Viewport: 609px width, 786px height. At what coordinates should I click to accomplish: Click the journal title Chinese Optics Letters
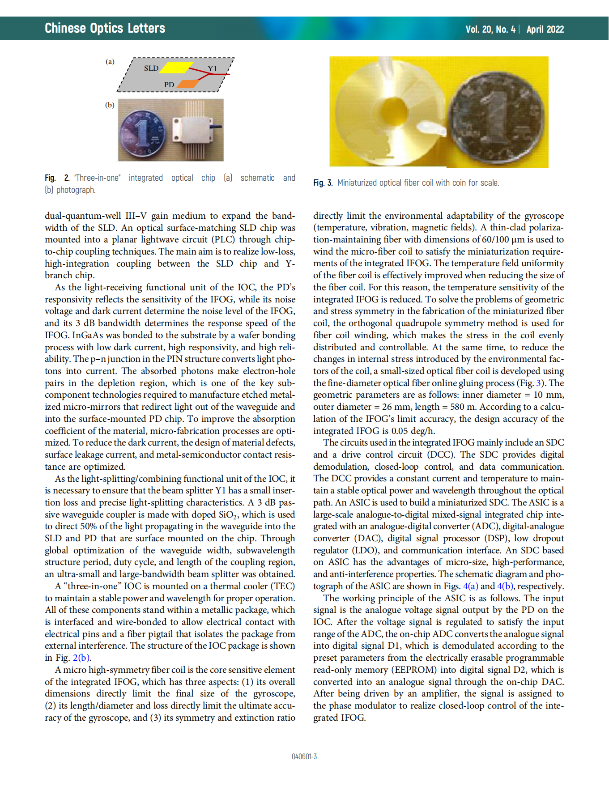tap(105, 28)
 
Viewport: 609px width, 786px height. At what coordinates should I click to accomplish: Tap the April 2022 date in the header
tap(545, 30)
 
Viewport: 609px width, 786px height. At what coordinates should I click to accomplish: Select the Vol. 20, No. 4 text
tap(490, 30)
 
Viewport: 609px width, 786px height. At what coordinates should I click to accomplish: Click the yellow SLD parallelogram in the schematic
tap(176, 67)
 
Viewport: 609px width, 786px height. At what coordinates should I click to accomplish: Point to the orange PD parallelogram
tap(188, 84)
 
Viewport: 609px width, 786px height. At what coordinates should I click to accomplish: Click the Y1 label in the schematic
tap(212, 68)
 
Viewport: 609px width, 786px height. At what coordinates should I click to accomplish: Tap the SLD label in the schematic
tap(151, 68)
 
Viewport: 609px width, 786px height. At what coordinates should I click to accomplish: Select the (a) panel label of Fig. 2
tap(110, 62)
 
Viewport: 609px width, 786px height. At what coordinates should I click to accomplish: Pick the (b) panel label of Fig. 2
tap(110, 105)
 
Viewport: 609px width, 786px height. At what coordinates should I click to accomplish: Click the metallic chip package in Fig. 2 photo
tap(193, 130)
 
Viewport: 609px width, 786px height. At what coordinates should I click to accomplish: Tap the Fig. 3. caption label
tap(323, 183)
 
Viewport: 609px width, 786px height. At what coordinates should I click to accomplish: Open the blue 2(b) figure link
tap(81, 658)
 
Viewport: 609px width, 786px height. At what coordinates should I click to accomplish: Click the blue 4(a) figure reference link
tap(470, 586)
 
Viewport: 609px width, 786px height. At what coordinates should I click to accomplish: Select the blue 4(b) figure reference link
tap(505, 586)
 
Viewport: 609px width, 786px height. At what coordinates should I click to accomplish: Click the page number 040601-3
tap(304, 756)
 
